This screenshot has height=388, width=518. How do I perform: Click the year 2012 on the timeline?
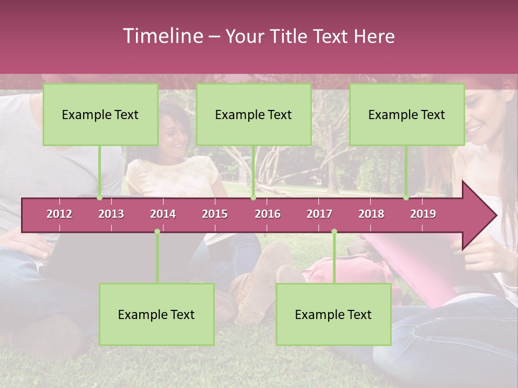[x=59, y=214]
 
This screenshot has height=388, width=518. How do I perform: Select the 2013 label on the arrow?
[x=111, y=214]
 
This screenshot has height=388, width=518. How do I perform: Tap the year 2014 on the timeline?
[x=163, y=214]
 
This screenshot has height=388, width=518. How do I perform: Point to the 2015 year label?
[x=215, y=214]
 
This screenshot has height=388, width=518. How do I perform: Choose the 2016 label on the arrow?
[x=268, y=214]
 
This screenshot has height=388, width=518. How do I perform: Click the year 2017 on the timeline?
[x=319, y=214]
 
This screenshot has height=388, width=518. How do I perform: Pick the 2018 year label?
[x=371, y=214]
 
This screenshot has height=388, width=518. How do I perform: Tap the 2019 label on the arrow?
[x=423, y=214]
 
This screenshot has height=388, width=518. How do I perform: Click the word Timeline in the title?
[x=162, y=36]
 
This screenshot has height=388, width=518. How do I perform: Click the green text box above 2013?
[x=100, y=114]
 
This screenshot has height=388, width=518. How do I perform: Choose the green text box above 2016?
[x=254, y=114]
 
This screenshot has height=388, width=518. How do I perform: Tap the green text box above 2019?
[x=407, y=114]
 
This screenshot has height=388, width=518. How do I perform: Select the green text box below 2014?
[x=156, y=314]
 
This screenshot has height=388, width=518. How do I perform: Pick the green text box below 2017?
[x=333, y=314]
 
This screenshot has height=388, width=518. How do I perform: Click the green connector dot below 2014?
[x=157, y=231]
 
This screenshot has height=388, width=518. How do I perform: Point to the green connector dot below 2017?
[x=334, y=231]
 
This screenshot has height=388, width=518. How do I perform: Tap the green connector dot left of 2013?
[x=100, y=198]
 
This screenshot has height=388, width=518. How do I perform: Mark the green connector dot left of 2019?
[x=406, y=198]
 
